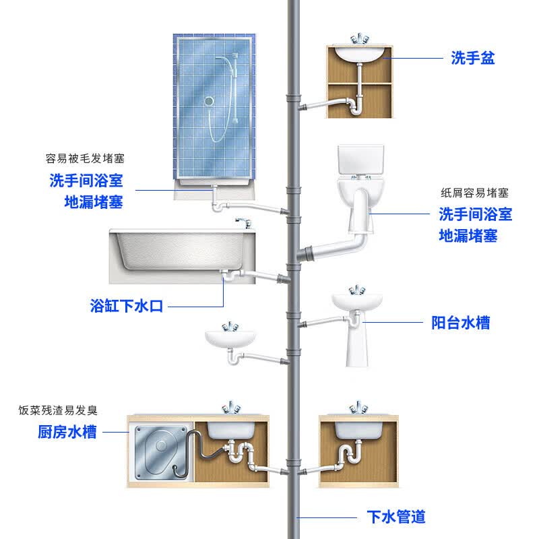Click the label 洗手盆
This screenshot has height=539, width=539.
pos(473,58)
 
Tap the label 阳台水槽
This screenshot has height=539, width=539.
pos(461,323)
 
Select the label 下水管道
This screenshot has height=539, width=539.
pos(396,517)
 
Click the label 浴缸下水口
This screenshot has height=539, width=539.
pos(127,306)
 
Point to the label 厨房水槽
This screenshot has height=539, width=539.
pos(67,432)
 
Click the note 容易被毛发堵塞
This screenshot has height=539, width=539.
pos(85,158)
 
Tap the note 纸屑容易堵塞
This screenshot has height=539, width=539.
pos(474,193)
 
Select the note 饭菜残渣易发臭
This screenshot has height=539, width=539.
pos(58,410)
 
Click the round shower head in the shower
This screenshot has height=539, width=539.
pos(209,101)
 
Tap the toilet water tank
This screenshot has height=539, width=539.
pos(360,160)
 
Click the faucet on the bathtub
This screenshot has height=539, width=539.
pos(244,223)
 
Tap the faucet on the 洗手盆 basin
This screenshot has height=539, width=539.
pos(359,39)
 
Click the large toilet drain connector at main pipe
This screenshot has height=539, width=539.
pos(305,255)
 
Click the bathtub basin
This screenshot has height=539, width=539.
pos(182,251)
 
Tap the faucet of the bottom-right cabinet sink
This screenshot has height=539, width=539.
pos(358,408)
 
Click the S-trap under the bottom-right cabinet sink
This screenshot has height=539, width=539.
pos(350,454)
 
